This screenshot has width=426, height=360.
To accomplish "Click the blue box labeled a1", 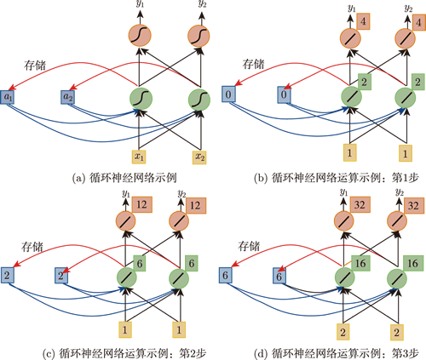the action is pos(7,97).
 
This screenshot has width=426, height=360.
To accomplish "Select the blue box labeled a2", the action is pos(67,97).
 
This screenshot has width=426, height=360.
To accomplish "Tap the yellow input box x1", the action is pos(139,157).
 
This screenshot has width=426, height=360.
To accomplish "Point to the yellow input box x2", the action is pos(199,157).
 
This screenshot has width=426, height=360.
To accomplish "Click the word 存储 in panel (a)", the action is pos(35,66).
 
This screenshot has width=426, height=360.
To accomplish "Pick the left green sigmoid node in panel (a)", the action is pos(141,99).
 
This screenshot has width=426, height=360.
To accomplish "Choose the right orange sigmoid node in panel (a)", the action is pos(199,36).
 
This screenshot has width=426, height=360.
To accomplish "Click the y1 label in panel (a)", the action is pos(139,5).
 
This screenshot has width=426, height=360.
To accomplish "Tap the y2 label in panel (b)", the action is pos(408,9).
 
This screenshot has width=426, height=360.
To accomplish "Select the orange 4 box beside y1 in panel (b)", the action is pos(362,21).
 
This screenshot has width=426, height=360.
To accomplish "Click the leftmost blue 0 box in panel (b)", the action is pos(228,94).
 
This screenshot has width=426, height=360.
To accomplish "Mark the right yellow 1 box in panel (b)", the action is pos(406,153).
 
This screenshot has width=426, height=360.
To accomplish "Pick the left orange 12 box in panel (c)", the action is pos(142,204).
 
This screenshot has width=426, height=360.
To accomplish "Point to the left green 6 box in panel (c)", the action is pos(140,263).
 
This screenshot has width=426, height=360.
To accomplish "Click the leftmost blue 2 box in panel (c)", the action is pos(7,276).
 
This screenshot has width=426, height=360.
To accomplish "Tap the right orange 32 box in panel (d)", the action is pos(413,205).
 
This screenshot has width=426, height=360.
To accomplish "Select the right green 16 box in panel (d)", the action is pos(413,263).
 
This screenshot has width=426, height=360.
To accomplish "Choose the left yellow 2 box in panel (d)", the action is pos(343,332).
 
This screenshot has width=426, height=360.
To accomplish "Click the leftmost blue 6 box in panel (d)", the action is pos(226,276).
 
